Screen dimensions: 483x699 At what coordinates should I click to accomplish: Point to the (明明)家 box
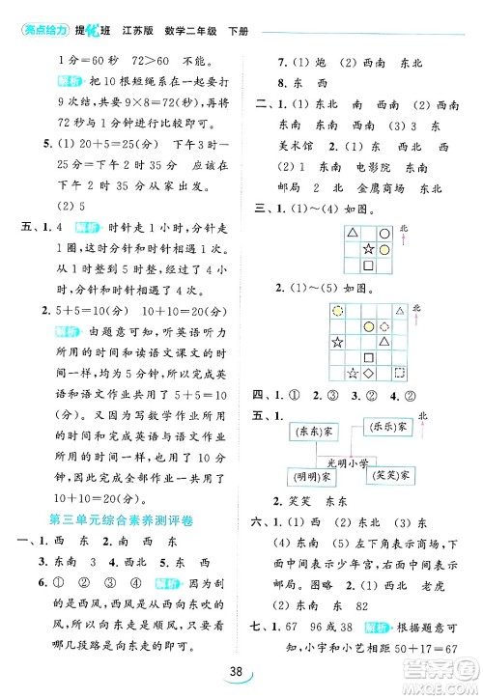tap(310, 477)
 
